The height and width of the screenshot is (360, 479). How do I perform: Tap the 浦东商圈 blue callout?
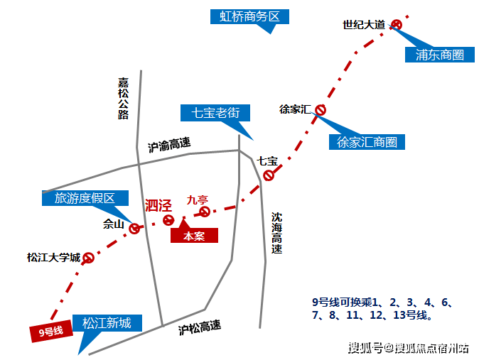[x=439, y=55]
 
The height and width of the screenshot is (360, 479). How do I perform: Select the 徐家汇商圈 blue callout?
[x=367, y=141]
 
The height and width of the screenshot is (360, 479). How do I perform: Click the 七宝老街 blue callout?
[x=215, y=112]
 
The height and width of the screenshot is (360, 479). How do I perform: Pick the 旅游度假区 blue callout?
[x=85, y=198]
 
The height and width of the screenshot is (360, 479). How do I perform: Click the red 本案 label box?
[x=194, y=236]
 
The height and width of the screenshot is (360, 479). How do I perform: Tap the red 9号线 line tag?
[x=51, y=332]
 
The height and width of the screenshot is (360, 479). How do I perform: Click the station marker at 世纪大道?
[x=397, y=25]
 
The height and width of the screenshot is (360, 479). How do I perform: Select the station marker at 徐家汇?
[x=321, y=110]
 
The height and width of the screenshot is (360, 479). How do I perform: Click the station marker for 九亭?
[x=205, y=212]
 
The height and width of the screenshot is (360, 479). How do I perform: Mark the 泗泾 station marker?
[x=168, y=220]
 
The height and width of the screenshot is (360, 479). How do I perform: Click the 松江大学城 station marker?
[x=89, y=258]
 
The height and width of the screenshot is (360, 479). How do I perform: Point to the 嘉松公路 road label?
[x=124, y=98]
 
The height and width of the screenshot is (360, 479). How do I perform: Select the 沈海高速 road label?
[x=276, y=233]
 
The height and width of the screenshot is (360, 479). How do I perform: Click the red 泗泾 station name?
[x=158, y=206]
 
